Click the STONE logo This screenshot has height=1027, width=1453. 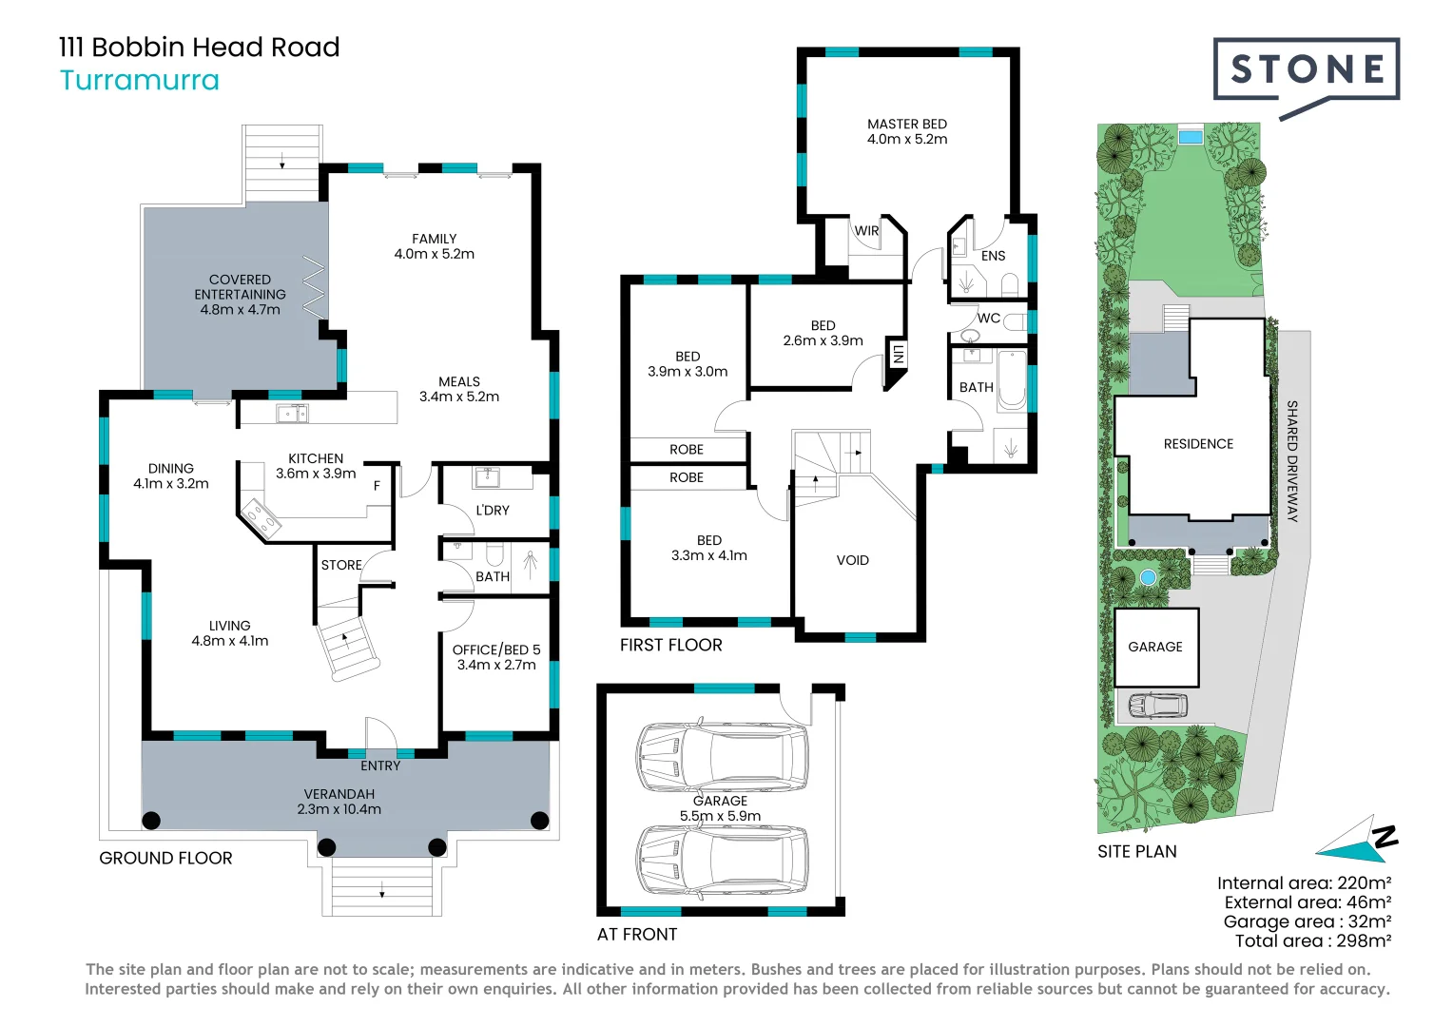(1306, 78)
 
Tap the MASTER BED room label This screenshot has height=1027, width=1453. (907, 124)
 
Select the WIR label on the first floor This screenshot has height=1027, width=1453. (866, 230)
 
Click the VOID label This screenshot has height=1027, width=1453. (852, 560)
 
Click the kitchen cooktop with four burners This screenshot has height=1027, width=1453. (261, 518)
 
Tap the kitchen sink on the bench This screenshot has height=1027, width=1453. (292, 414)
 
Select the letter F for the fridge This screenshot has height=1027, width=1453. (377, 486)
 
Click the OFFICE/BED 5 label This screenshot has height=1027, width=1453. (496, 649)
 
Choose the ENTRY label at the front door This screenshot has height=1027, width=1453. (380, 765)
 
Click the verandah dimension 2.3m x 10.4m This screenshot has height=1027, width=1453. (339, 809)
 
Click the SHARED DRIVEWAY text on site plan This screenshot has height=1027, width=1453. (1292, 461)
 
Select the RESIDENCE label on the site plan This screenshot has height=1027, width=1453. (1198, 444)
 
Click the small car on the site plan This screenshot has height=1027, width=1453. (1158, 706)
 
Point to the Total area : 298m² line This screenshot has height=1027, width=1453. (1313, 940)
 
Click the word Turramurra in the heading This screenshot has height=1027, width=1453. (140, 81)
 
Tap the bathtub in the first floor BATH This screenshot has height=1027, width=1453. (1012, 379)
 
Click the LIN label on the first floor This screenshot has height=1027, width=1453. (898, 355)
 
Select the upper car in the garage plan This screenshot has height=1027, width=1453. (723, 757)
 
